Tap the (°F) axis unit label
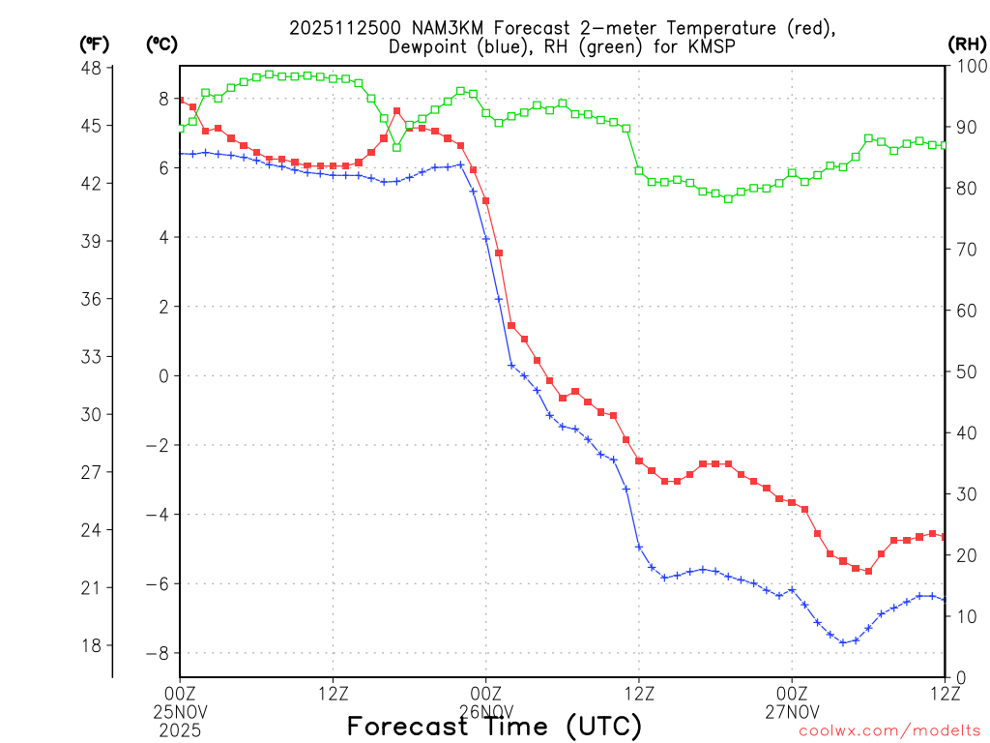pyautogui.click(x=95, y=45)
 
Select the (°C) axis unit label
pyautogui.click(x=160, y=45)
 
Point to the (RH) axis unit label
pyautogui.click(x=966, y=45)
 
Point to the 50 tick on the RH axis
pyautogui.click(x=964, y=372)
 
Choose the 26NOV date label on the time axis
pyautogui.click(x=485, y=710)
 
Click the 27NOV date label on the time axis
pyautogui.click(x=792, y=710)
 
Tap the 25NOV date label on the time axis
pyautogui.click(x=181, y=710)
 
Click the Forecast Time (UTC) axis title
pyautogui.click(x=494, y=726)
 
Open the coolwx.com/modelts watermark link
pyautogui.click(x=889, y=731)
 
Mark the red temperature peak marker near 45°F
pyautogui.click(x=397, y=111)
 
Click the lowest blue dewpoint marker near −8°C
pyautogui.click(x=843, y=642)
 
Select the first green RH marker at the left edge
pyautogui.click(x=181, y=129)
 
